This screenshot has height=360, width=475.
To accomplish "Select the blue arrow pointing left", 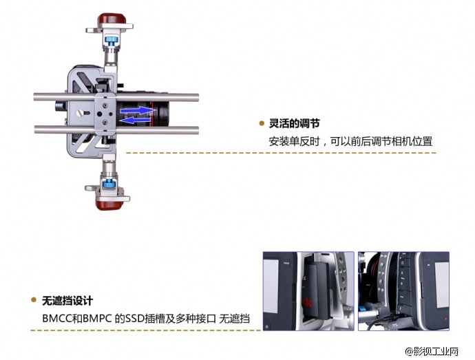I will (x=136, y=119).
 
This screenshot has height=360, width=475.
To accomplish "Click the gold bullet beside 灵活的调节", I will (x=262, y=124).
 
